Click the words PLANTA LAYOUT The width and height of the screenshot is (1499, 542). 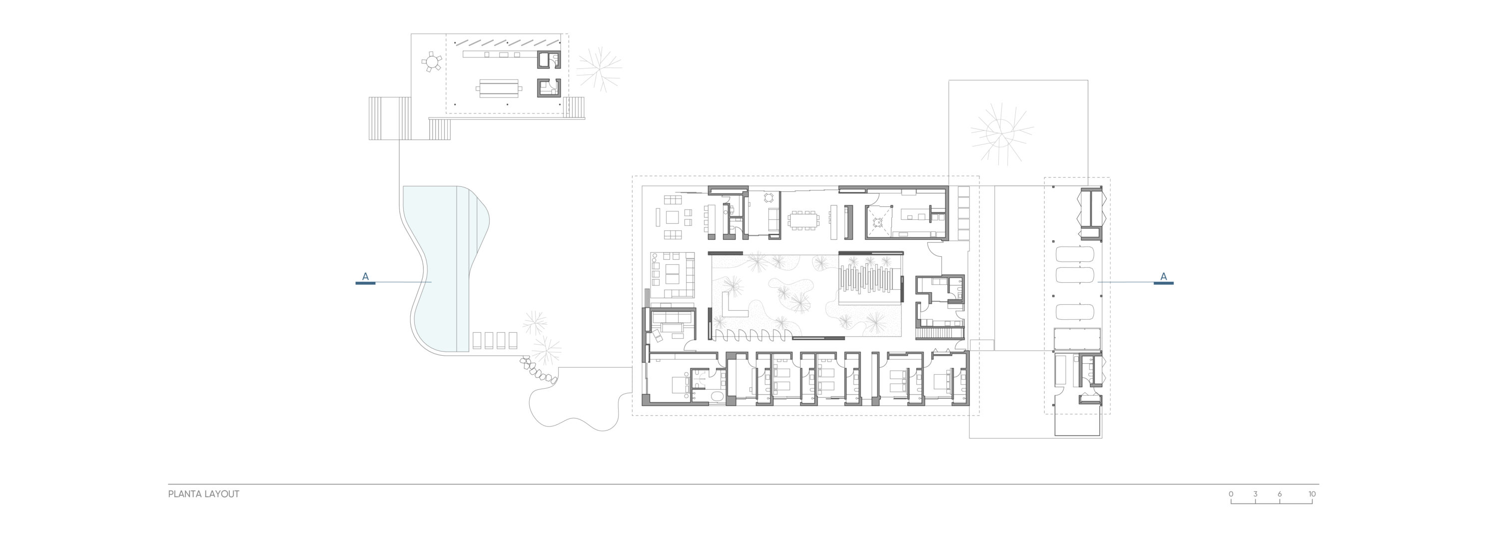pyautogui.click(x=204, y=495)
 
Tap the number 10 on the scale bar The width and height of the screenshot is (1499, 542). pyautogui.click(x=1312, y=495)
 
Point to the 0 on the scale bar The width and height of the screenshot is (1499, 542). pyautogui.click(x=1231, y=495)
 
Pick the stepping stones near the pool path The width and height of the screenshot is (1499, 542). pyautogui.click(x=540, y=371)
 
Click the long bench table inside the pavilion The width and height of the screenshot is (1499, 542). pyautogui.click(x=499, y=89)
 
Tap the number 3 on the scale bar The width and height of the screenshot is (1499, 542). pyautogui.click(x=1255, y=495)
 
